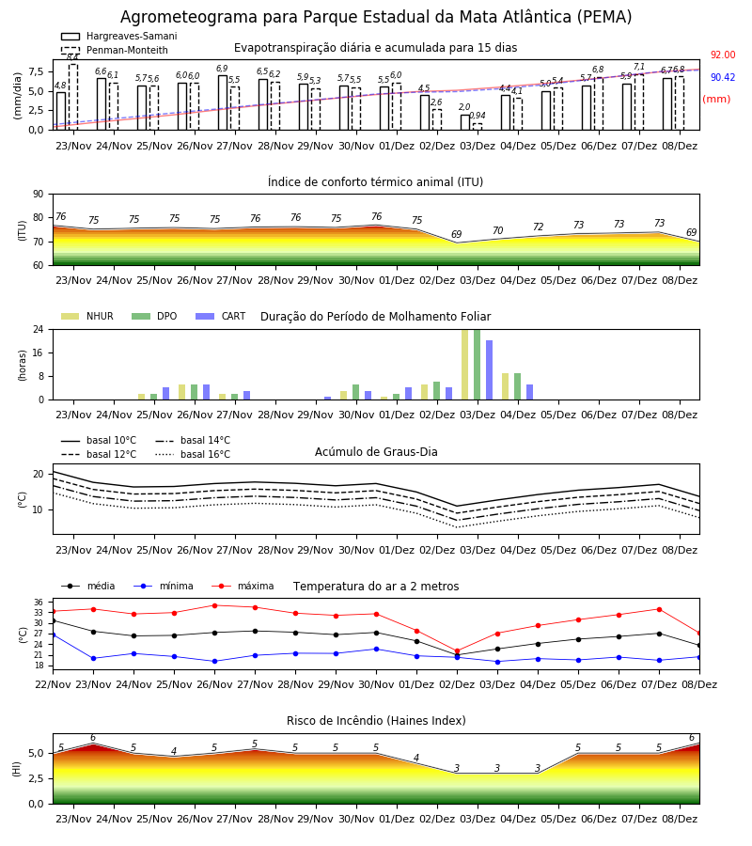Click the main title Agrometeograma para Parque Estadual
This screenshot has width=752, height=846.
[x=376, y=17]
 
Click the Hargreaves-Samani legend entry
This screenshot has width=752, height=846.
[x=119, y=36]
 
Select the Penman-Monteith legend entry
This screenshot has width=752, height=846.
[x=115, y=50]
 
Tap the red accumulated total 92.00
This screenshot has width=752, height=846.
[x=723, y=55]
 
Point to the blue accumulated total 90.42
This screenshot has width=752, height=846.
[x=723, y=77]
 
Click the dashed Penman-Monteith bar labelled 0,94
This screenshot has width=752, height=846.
[x=478, y=127]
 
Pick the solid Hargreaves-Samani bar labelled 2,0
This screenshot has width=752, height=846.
[x=465, y=122]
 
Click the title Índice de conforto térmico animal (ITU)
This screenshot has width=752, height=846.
[x=375, y=181]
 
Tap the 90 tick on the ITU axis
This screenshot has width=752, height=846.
[x=39, y=195]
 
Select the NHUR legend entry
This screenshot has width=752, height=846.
[x=87, y=316]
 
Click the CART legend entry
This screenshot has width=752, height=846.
[x=221, y=316]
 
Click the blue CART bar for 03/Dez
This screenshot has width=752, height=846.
[x=490, y=370]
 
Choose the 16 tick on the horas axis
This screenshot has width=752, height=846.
[x=39, y=352]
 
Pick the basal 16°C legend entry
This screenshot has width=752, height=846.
[x=193, y=454]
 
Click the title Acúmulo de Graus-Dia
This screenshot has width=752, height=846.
[x=376, y=451]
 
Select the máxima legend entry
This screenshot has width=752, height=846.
[x=243, y=586]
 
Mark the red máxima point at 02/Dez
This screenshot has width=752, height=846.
[x=458, y=651]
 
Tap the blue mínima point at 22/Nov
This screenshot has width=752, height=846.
[x=54, y=635]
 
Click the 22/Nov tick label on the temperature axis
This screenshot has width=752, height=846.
[x=53, y=684]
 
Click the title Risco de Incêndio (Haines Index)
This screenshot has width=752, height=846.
[x=376, y=721]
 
